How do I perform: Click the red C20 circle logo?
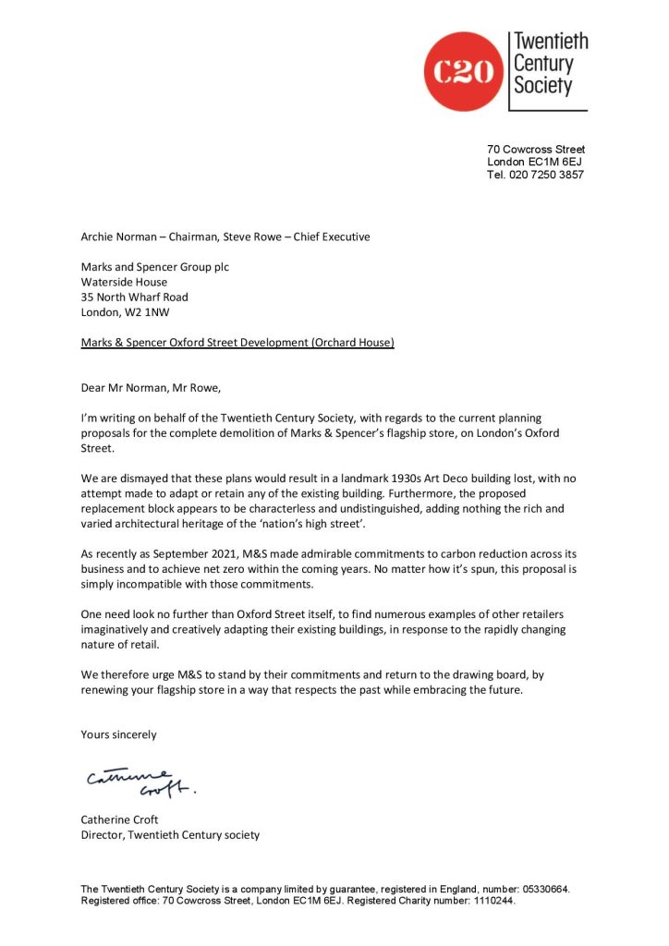[x=463, y=71]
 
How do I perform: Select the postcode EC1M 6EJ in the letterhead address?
[x=554, y=163]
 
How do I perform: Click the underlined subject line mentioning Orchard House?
[x=237, y=343]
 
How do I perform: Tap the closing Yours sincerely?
[x=118, y=734]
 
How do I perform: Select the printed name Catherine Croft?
[x=119, y=819]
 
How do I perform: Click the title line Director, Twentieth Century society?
[x=170, y=835]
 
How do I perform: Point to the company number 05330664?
[x=540, y=890]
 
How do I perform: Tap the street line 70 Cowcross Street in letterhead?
[x=536, y=150]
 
